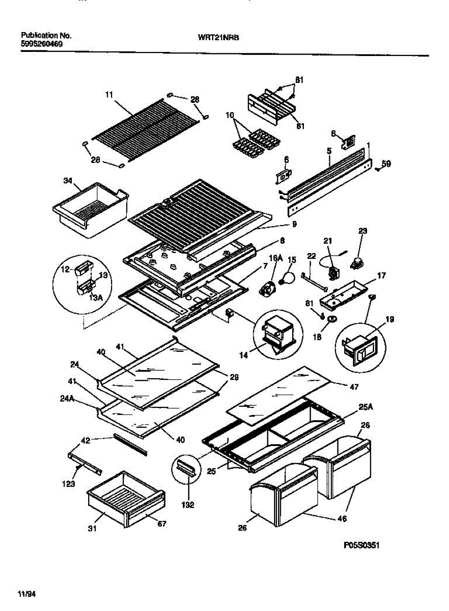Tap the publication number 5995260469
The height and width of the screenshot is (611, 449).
click(x=42, y=44)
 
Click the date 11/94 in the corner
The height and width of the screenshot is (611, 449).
click(x=28, y=594)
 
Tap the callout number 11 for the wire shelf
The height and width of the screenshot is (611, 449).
click(x=109, y=95)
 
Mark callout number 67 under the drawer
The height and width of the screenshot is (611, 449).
click(x=161, y=523)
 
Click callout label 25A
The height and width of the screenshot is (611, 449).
click(x=364, y=407)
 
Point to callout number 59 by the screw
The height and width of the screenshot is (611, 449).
click(x=387, y=164)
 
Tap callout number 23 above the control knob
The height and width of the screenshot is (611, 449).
click(x=362, y=231)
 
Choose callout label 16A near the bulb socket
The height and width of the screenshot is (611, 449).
click(x=275, y=259)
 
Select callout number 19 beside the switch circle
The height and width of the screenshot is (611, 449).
click(x=390, y=320)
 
